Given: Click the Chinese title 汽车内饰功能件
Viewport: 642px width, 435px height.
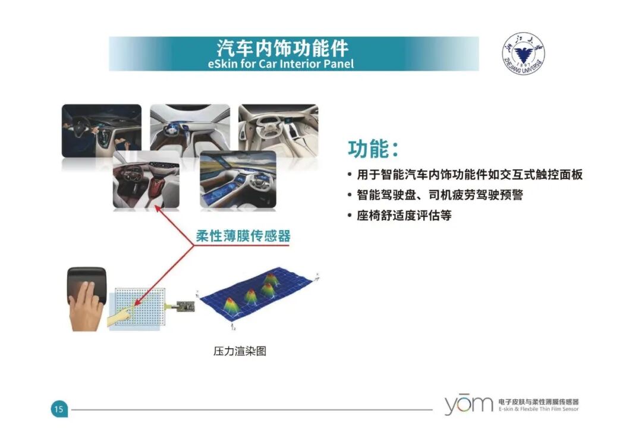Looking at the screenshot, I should (x=282, y=47).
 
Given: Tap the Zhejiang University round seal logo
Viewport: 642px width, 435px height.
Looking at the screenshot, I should (x=523, y=53).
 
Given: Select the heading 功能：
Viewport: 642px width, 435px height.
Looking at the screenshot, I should (x=373, y=149).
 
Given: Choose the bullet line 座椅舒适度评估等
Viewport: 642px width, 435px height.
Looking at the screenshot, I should (x=404, y=215).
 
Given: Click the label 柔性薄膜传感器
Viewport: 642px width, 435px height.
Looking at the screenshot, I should (x=243, y=236).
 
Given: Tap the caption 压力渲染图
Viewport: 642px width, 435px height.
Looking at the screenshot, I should (x=240, y=351).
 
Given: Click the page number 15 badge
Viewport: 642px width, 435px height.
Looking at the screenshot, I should (x=59, y=409).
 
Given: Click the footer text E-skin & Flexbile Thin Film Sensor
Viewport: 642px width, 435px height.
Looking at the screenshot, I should (x=539, y=409).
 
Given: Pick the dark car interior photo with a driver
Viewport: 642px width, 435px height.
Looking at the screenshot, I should (x=101, y=130).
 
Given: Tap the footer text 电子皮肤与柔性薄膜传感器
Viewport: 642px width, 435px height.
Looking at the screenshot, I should (x=539, y=402).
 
